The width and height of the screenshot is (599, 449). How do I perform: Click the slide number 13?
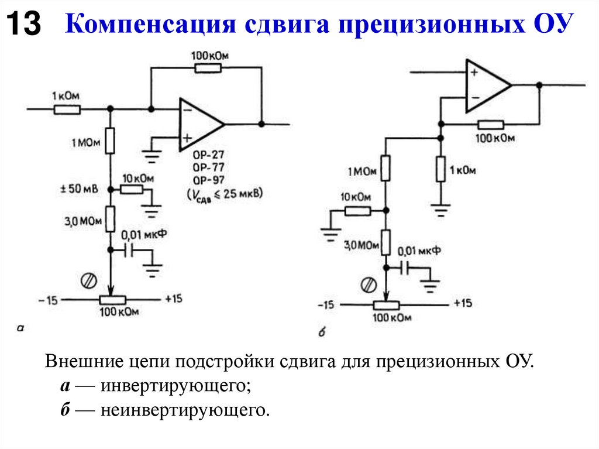tap(23, 25)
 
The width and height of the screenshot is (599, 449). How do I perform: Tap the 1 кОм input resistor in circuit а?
tap(67, 109)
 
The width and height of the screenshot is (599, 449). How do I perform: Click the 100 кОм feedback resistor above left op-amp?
tap(208, 68)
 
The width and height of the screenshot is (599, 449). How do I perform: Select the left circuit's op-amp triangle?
tap(199, 124)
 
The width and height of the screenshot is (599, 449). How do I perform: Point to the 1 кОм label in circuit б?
tap(464, 170)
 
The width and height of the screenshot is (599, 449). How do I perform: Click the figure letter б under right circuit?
tap(321, 333)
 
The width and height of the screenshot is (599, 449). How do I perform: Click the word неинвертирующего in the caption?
tap(185, 410)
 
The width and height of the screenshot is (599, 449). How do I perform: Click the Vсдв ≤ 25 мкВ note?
tap(224, 193)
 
